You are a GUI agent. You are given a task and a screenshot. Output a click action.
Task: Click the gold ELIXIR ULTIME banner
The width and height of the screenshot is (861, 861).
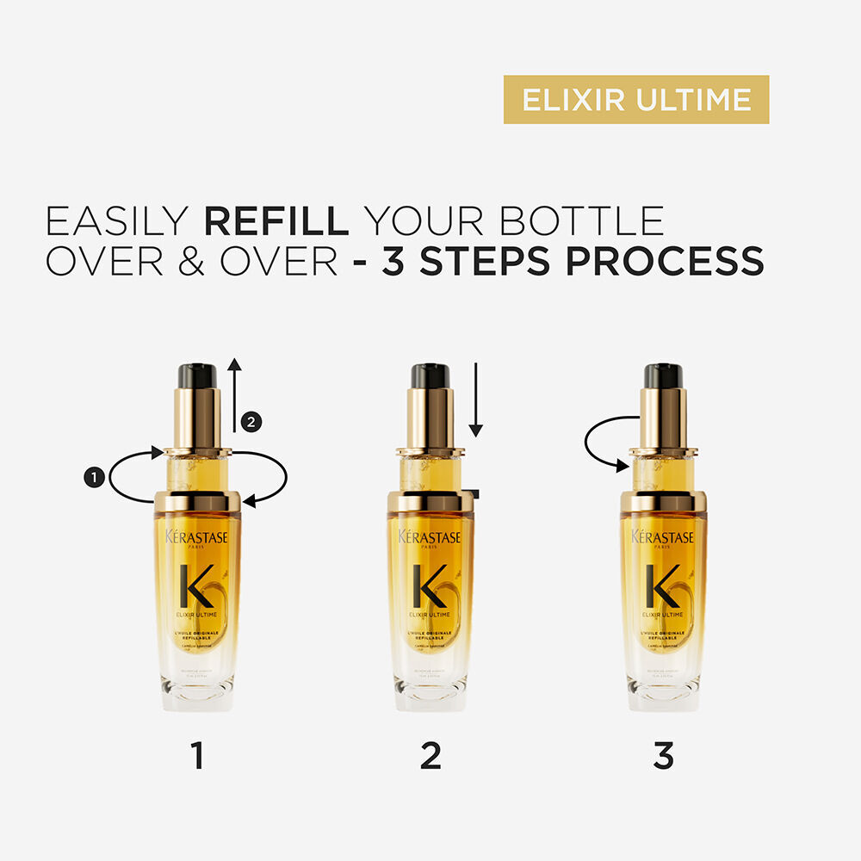[635, 100]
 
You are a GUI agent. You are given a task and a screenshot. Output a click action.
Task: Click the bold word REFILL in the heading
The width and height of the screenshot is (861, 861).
[276, 221]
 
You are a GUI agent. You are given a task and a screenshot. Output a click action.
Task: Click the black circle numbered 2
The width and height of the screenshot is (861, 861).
[251, 422]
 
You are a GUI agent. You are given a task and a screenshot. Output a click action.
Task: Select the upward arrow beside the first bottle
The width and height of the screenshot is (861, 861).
[233, 396]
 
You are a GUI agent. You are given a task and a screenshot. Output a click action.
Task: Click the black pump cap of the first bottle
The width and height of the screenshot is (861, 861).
[197, 375]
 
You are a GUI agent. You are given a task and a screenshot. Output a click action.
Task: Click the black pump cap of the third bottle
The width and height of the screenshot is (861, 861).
[663, 375]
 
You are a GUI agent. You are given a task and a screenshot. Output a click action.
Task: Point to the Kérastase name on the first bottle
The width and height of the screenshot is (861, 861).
[197, 536]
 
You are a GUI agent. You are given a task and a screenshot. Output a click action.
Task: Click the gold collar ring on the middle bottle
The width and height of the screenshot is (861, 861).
[430, 501]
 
